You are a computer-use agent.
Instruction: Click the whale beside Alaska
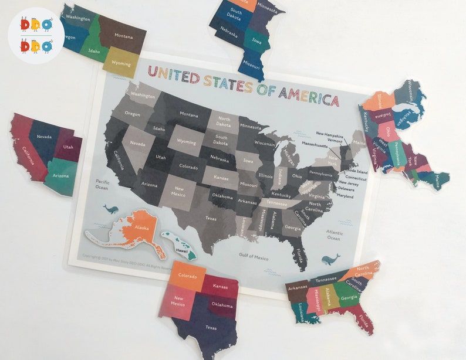coord(110,209)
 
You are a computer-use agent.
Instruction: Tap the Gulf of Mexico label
coord(254,256)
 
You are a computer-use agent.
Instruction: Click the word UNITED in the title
coord(173,74)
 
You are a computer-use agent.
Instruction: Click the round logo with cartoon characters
coord(36,35)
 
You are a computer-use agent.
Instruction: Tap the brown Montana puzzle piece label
coord(123,36)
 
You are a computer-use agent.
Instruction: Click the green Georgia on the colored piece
coord(349,298)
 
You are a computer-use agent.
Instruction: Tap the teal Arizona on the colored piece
coord(61,175)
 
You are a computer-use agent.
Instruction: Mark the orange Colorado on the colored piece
coord(187,276)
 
